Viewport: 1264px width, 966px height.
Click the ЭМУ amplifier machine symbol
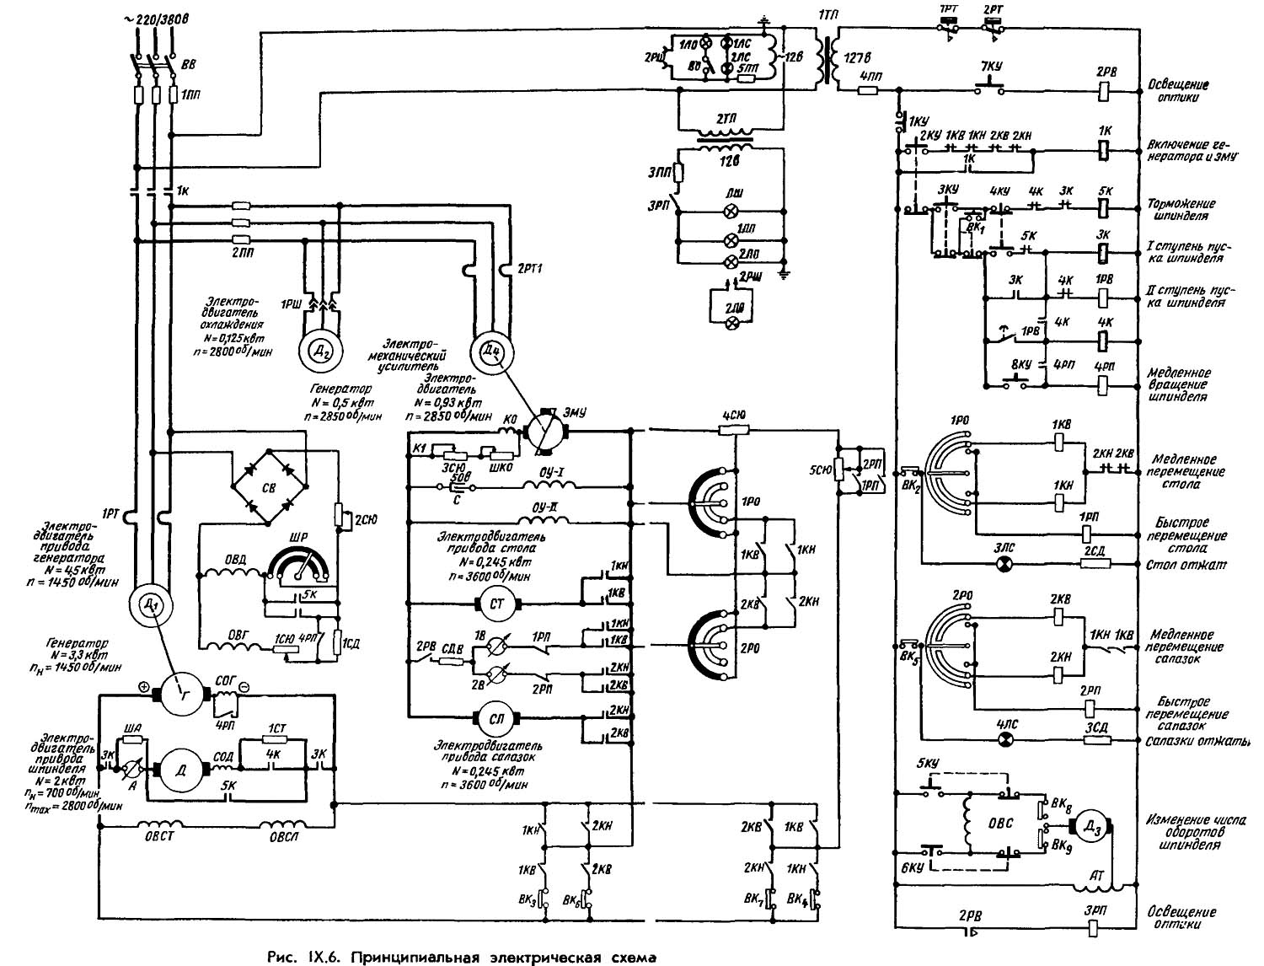545,429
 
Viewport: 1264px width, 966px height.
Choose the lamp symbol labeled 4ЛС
1004,739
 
